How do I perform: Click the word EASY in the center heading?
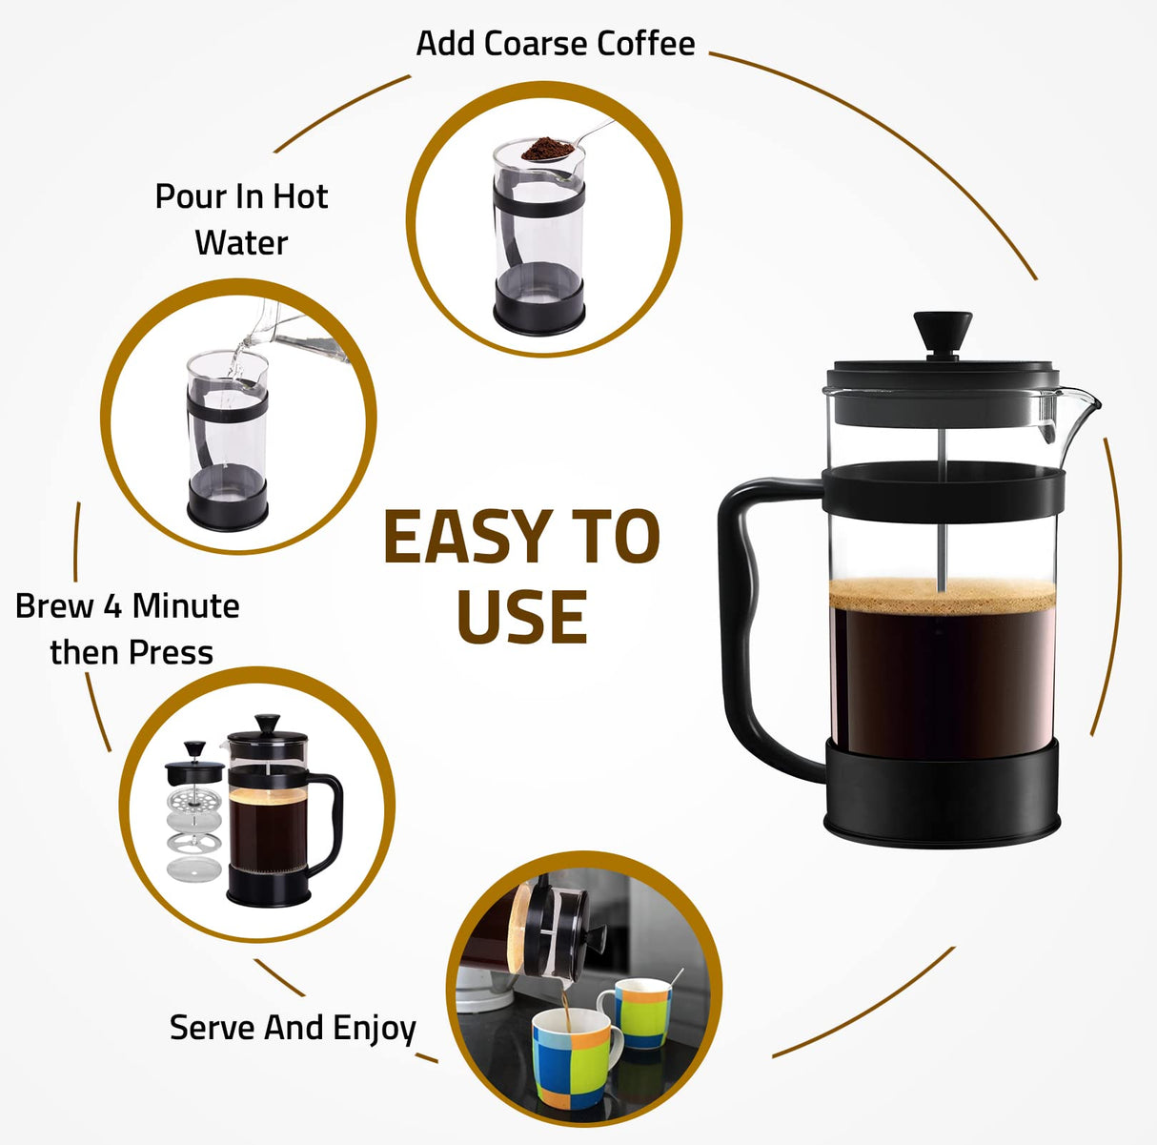(464, 537)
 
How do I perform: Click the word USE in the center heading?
(521, 617)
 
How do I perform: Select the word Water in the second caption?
(241, 243)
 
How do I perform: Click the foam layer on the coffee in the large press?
(942, 595)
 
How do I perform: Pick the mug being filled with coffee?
(570, 1055)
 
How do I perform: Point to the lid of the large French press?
(942, 376)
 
